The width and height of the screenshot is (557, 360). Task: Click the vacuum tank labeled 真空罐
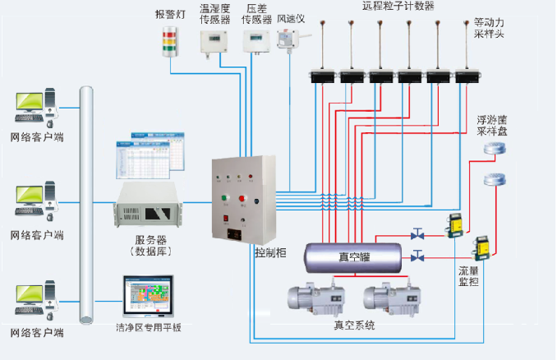[x=355, y=256]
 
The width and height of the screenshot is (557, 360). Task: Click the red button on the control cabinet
[x=244, y=197]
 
